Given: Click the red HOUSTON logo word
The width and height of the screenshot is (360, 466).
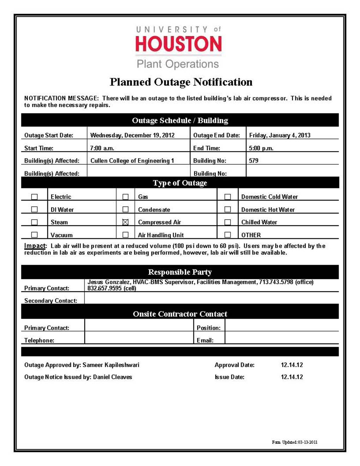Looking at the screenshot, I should tap(179, 44).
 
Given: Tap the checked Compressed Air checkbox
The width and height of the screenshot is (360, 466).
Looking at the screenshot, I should tap(125, 222).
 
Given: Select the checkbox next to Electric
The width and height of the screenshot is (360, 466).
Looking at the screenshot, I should tap(34, 197).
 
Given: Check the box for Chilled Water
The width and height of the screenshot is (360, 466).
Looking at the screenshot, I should tap(228, 222).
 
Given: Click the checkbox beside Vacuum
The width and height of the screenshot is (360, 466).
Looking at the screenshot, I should tap(34, 235).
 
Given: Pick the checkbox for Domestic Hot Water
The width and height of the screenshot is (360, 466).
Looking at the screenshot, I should tap(228, 209).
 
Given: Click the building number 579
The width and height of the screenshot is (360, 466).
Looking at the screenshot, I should tap(253, 161).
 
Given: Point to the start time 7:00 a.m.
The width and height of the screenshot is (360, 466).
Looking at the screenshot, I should tap(102, 148).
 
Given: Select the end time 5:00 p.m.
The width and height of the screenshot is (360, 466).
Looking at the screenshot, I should tap(261, 148).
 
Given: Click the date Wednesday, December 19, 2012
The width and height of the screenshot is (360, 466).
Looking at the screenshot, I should tap(132, 135).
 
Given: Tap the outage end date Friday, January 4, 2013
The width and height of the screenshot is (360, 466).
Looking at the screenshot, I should tap(280, 135).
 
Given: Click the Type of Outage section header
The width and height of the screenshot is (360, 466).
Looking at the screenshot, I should tap(180, 183).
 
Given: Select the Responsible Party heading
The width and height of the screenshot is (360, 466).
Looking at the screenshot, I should tap(180, 272).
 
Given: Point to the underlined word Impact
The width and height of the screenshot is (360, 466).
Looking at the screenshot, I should tap(35, 246).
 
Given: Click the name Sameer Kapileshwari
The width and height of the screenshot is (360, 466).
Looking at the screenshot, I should tap(111, 365).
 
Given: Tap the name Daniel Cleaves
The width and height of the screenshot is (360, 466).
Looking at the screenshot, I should tap(113, 377).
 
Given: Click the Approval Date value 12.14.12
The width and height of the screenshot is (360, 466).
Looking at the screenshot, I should tap(292, 365).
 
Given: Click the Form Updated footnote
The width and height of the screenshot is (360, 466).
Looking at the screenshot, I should tap(294, 442).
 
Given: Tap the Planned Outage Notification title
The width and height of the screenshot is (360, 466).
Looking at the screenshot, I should tap(181, 82).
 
